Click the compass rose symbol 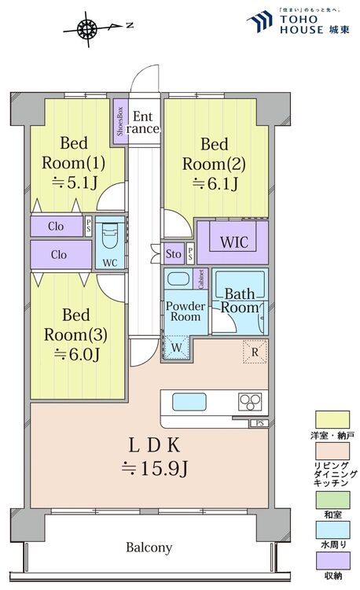88,30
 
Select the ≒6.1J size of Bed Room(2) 214,185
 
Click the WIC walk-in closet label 233,242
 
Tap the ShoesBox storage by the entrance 120,122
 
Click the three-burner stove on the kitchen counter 252,402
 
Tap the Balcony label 148,547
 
